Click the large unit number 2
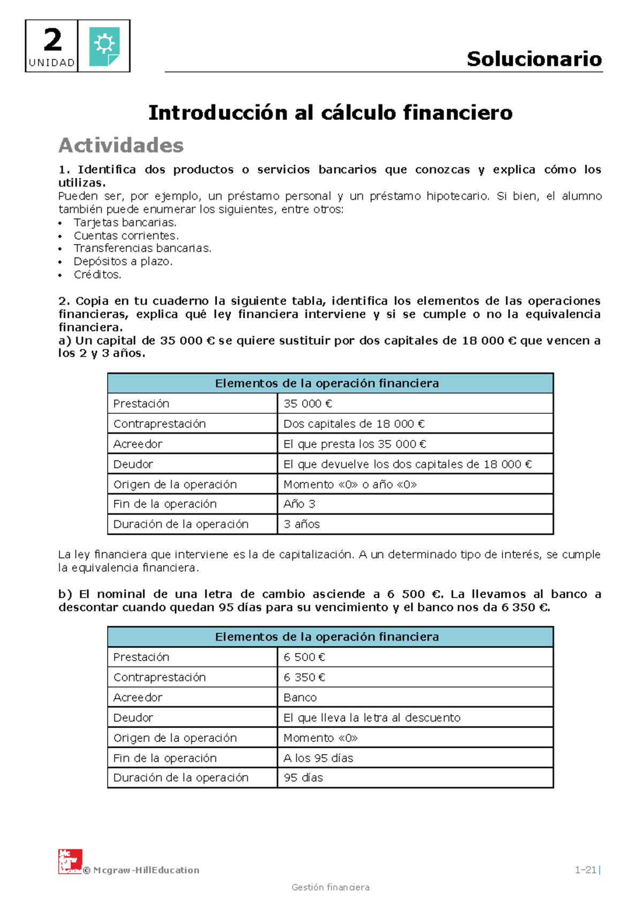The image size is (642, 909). tap(52, 40)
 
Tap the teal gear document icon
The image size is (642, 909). tap(104, 46)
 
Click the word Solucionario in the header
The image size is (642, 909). tap(534, 59)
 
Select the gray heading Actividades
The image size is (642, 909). tap(121, 145)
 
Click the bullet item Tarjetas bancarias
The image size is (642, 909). tap(125, 222)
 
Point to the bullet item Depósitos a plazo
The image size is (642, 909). tap(123, 261)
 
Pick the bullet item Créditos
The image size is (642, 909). tap(97, 275)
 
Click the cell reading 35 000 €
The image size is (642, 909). tap(308, 404)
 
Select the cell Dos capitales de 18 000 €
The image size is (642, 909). tap(354, 424)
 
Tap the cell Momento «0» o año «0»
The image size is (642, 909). tap(350, 484)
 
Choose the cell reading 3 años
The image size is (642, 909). tap(301, 524)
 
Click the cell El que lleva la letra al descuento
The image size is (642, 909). tap(371, 718)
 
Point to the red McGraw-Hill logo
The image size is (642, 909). tap(70, 861)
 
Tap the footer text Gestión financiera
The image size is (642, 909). tap(330, 887)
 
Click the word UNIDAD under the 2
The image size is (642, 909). tap(51, 63)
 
